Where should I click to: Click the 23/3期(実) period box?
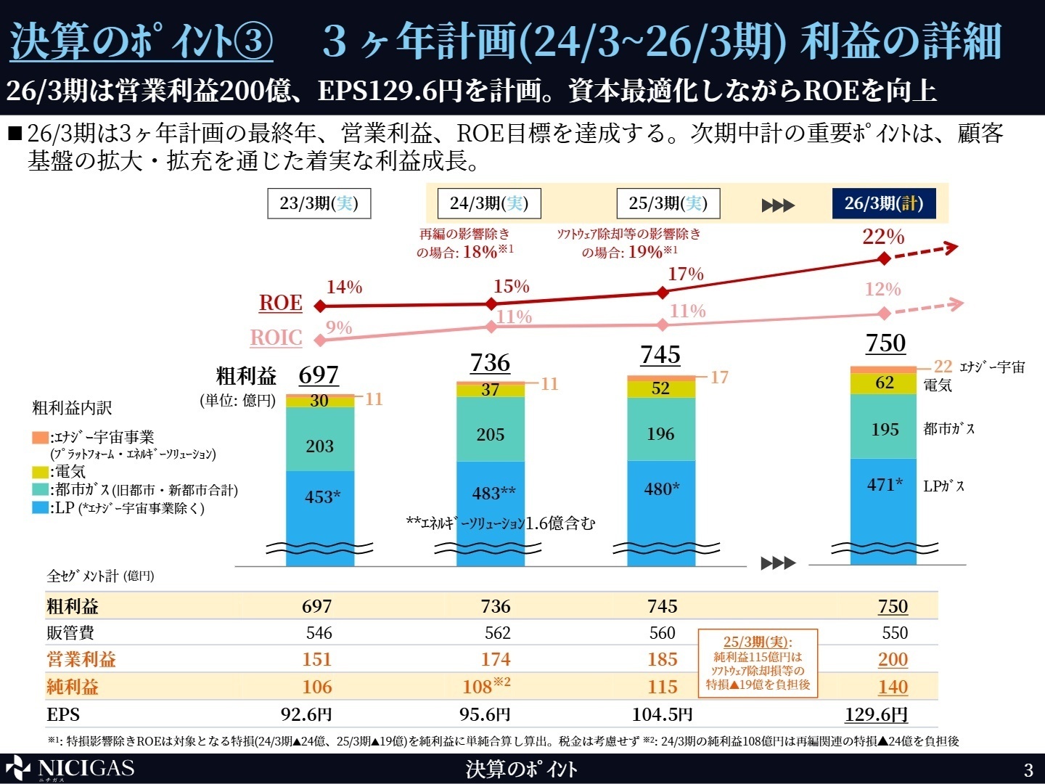pos(319,203)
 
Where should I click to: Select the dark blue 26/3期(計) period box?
pos(884,203)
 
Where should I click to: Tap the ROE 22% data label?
pos(883,237)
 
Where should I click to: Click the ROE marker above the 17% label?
pos(663,293)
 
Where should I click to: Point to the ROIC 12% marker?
pos(884,314)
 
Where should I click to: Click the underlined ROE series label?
pos(280,303)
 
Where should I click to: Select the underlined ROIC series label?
pos(276,338)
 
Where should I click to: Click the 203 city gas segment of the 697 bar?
pos(320,446)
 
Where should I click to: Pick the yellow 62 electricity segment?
pos(884,383)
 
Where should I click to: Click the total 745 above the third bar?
pos(660,355)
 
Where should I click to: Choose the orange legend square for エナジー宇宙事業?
pos(40,438)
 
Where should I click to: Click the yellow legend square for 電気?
pos(40,472)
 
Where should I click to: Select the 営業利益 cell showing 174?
pos(496,659)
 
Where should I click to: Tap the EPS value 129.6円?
pos(876,714)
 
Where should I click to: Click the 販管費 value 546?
pos(319,633)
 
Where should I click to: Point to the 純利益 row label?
pos(73,687)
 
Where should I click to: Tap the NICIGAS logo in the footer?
pos(70,769)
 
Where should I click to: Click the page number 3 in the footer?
pos(1028,769)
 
